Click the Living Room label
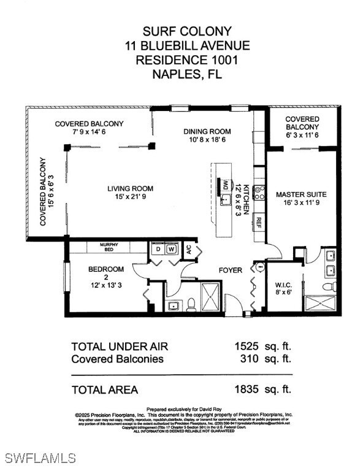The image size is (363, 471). point(131,188)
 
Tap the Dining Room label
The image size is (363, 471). point(207,131)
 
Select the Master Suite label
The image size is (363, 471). point(301,194)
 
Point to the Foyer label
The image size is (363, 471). point(231,270)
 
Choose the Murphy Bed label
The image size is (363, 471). point(115,247)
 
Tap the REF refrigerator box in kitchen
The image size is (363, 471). point(259,222)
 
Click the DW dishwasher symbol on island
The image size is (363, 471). point(226,185)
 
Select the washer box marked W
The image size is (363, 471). point(172,250)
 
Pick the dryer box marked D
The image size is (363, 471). point(158,250)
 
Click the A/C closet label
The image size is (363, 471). point(189,249)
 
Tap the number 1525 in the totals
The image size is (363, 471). point(247,346)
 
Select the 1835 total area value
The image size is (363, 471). point(247,389)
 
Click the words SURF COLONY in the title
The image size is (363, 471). point(178,31)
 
